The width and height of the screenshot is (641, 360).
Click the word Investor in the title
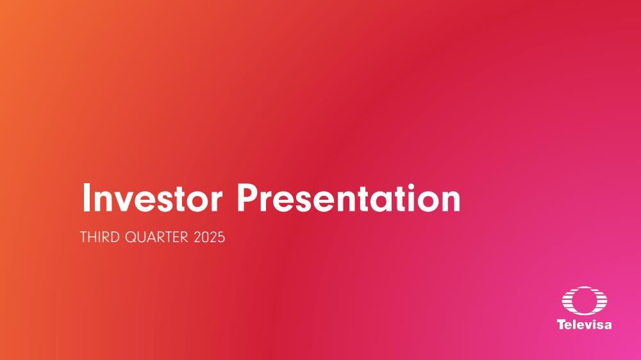coord(152,198)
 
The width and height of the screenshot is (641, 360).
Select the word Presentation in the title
coord(349,198)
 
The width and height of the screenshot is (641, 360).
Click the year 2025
coord(210,238)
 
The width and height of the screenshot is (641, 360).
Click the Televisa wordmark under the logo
coord(585,325)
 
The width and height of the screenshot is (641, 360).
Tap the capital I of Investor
coord(86,198)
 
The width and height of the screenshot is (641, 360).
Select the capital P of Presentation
coord(248,198)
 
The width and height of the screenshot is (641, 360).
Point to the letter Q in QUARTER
coord(131,238)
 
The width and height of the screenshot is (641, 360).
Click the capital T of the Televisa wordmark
coord(562,325)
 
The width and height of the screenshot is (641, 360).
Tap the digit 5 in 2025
coord(221,238)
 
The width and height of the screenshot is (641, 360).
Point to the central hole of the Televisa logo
coord(585,301)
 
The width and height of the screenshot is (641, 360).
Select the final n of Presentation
coord(451,202)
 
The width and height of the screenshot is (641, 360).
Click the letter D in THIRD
coord(115,238)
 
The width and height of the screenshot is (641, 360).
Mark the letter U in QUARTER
coord(143,238)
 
